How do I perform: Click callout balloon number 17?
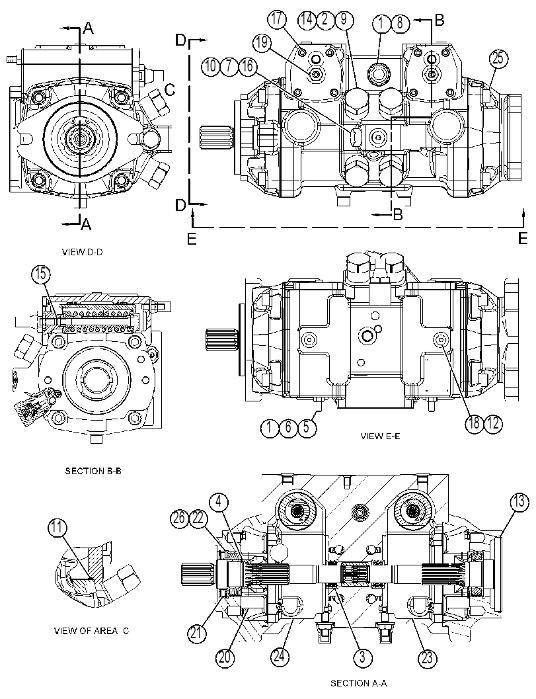click(x=277, y=20)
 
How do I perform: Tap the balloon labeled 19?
click(x=262, y=43)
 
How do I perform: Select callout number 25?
click(x=498, y=59)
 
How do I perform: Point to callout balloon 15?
click(x=41, y=274)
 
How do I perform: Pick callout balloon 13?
click(x=517, y=502)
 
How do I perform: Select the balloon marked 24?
click(x=281, y=657)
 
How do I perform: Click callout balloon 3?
click(x=362, y=657)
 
